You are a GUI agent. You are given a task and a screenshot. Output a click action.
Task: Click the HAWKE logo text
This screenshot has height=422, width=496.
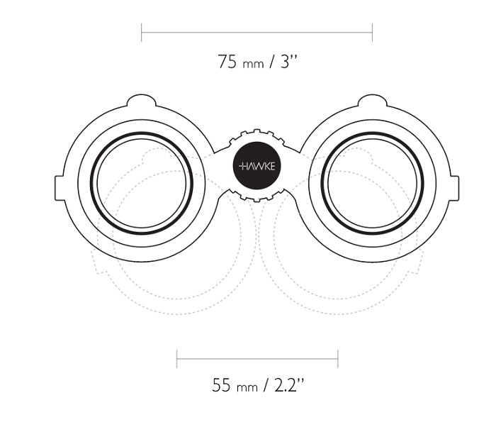click(257, 166)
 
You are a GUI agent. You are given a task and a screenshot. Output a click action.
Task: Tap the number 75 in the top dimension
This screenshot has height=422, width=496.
click(227, 62)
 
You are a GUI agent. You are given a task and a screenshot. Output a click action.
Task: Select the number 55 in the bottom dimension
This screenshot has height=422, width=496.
click(221, 385)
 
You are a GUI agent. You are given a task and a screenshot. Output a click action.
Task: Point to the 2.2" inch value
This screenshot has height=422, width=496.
click(289, 384)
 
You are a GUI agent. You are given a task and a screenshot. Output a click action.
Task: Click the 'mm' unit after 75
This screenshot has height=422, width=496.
click(253, 65)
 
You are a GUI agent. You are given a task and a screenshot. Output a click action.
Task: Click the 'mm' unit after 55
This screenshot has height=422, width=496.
click(247, 387)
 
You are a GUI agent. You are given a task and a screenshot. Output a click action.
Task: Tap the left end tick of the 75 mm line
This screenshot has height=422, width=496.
click(142, 33)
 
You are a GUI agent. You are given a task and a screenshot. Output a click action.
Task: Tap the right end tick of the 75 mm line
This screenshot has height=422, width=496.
click(372, 33)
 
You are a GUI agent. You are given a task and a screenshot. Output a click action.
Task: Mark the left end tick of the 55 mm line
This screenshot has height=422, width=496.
click(177, 359)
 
